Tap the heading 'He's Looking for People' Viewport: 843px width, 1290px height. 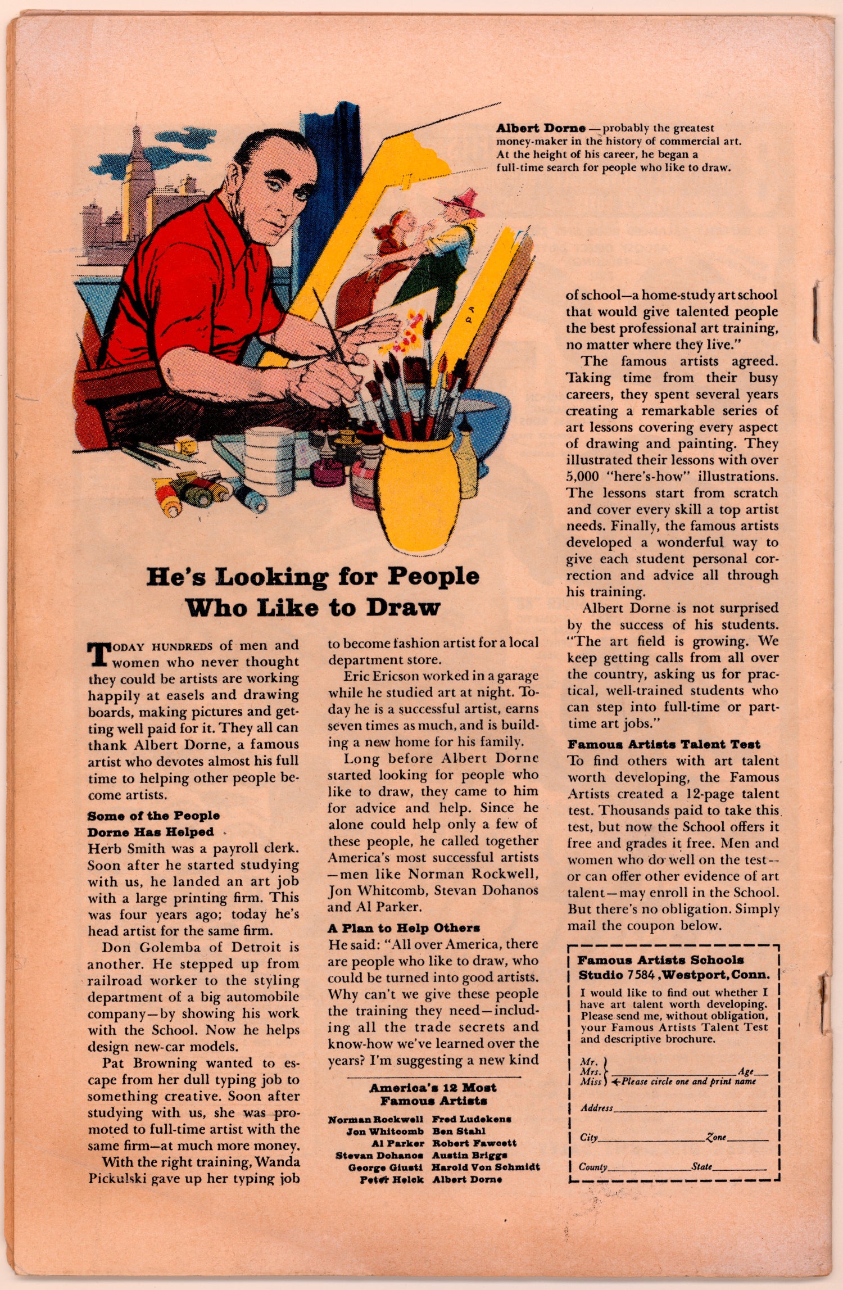pyautogui.click(x=313, y=577)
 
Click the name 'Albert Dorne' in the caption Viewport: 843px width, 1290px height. pyautogui.click(x=540, y=128)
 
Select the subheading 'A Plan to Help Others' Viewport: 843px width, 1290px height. pyautogui.click(x=404, y=927)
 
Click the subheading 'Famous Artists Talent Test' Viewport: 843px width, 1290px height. pyautogui.click(x=664, y=744)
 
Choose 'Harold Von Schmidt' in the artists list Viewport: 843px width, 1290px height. pyautogui.click(x=486, y=1167)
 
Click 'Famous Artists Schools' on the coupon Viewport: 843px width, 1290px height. pyautogui.click(x=661, y=960)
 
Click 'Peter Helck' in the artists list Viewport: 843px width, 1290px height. pyautogui.click(x=392, y=1179)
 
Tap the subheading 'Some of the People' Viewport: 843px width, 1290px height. pyautogui.click(x=153, y=816)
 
